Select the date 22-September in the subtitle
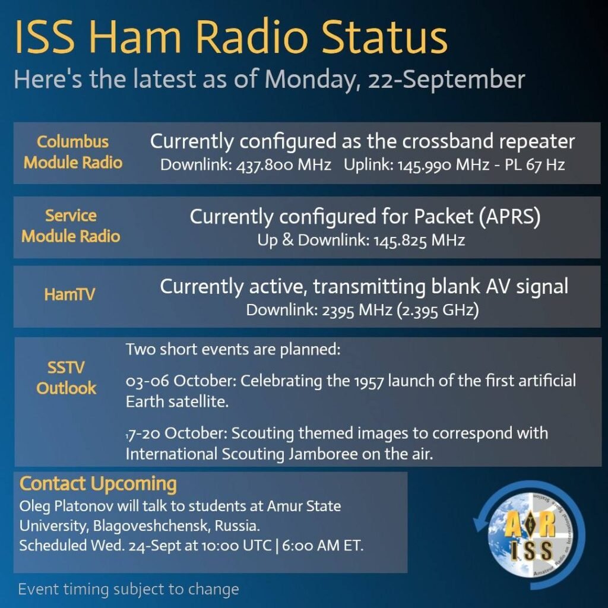click(446, 80)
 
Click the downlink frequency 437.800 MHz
click(284, 165)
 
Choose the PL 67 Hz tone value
click(534, 165)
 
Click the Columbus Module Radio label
click(73, 152)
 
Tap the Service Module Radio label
click(71, 226)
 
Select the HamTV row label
click(69, 294)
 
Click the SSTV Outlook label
click(66, 378)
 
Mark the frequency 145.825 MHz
click(419, 240)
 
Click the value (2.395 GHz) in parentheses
click(438, 310)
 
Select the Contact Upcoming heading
click(98, 484)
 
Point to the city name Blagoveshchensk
click(151, 526)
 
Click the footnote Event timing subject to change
click(128, 590)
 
